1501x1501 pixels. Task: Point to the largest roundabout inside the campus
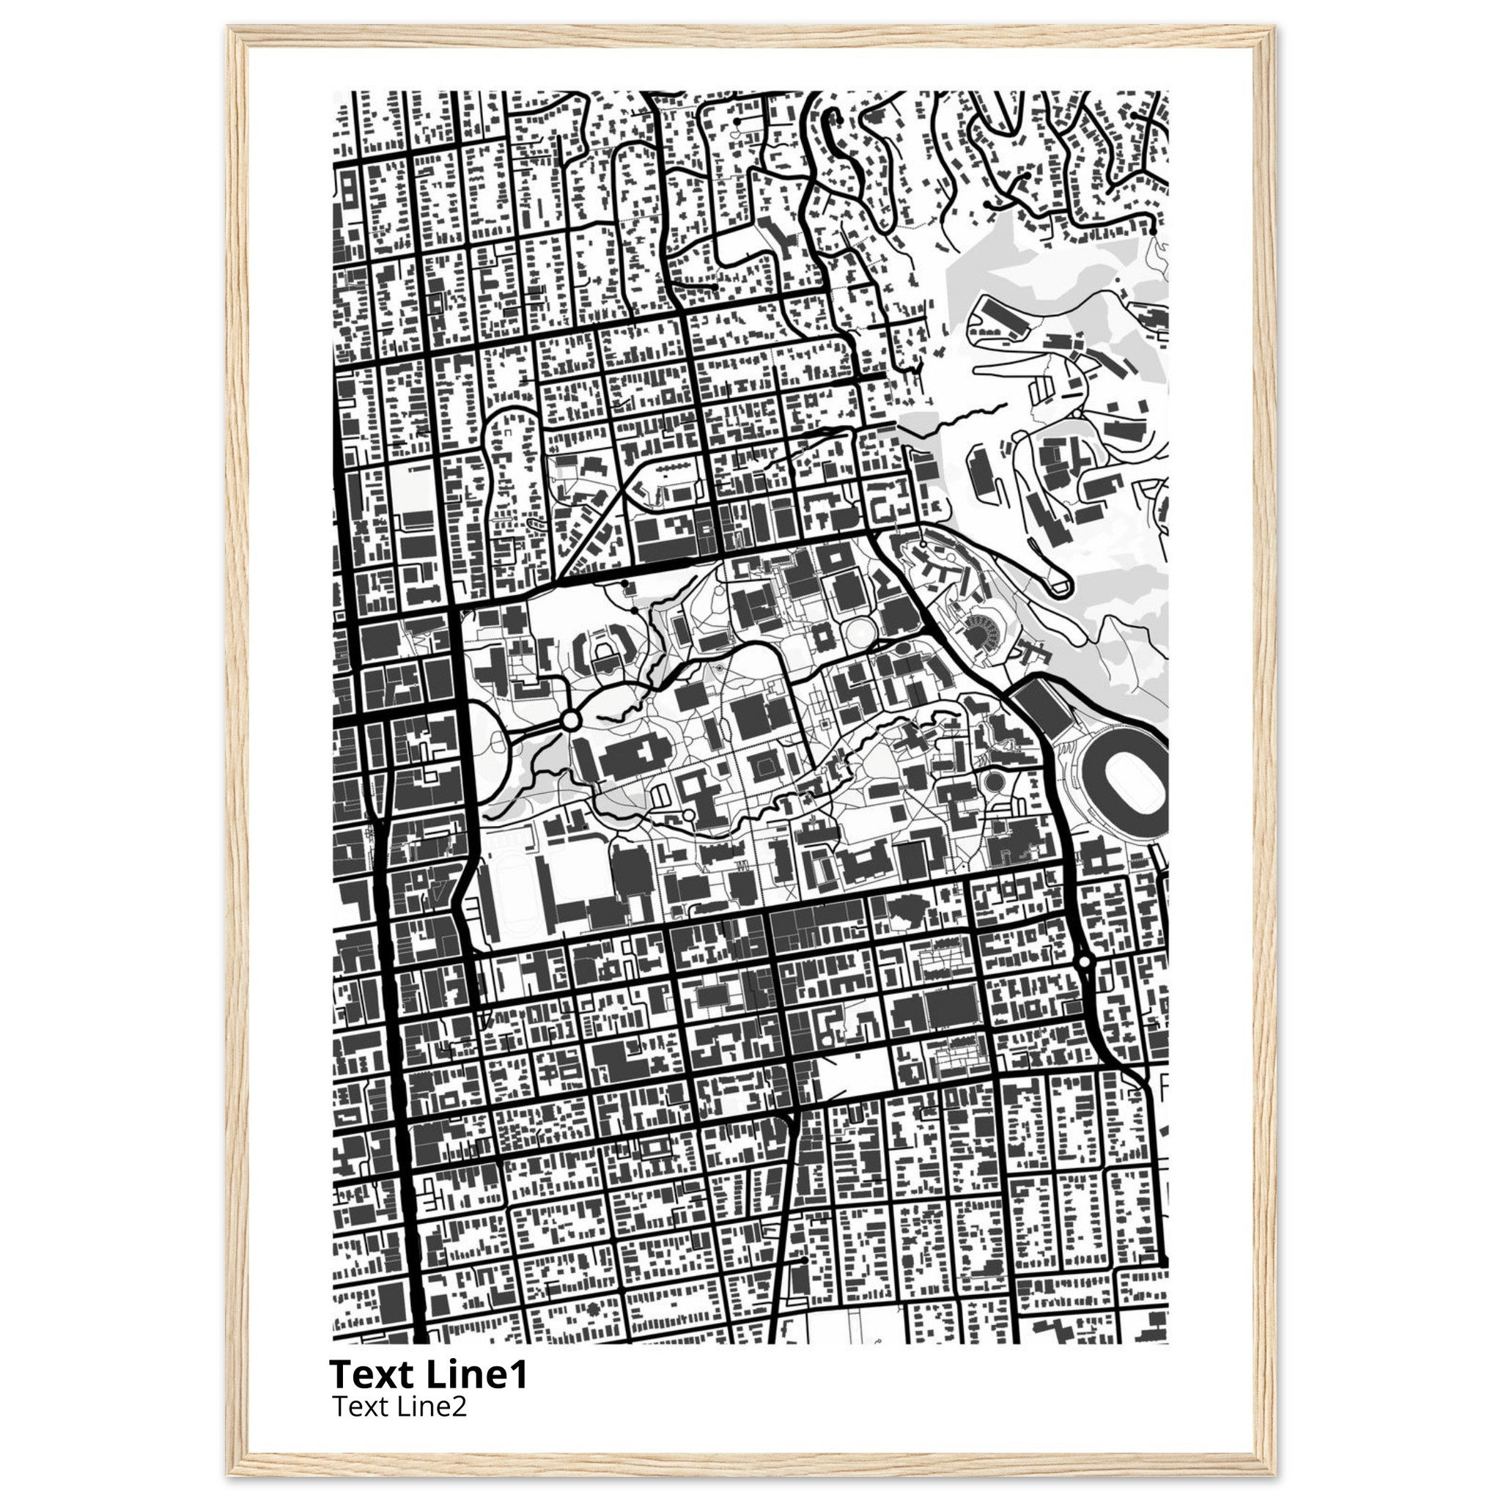(x=570, y=721)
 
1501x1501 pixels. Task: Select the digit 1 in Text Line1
(x=519, y=1374)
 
